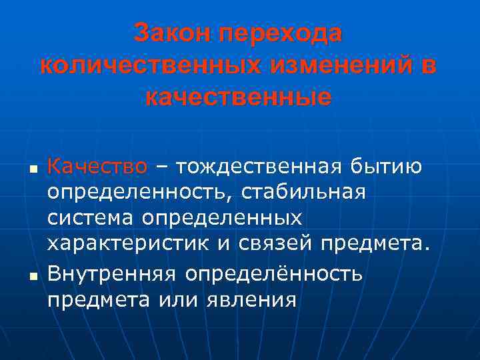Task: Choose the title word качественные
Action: coord(238,98)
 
